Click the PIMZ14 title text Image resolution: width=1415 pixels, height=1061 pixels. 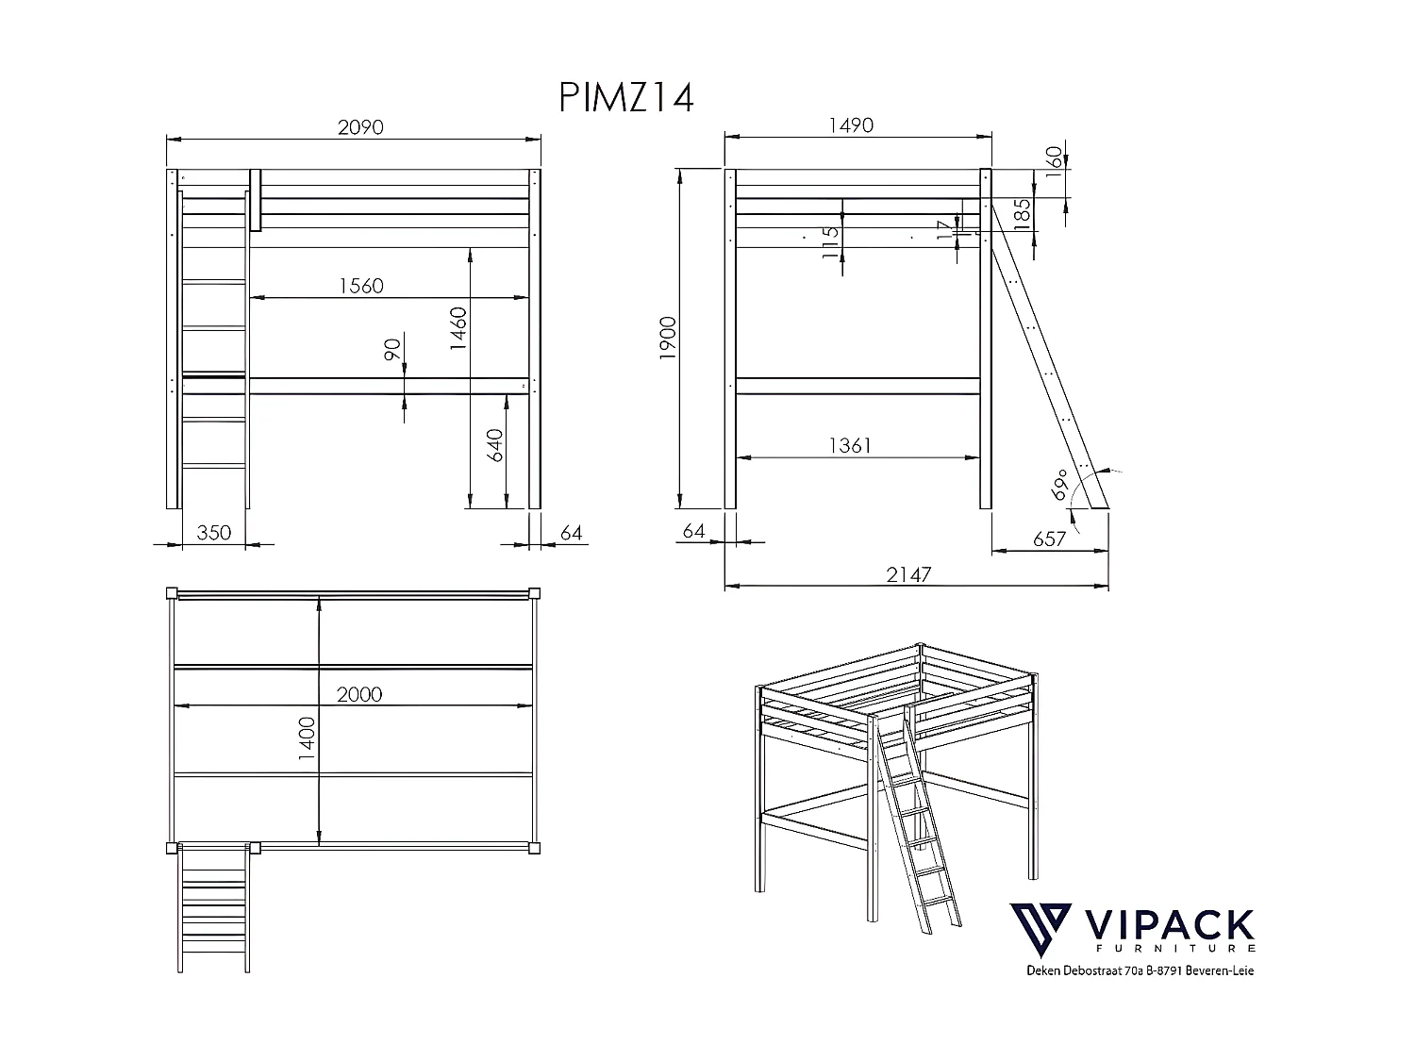click(x=626, y=97)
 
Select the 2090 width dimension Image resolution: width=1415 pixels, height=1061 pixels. click(x=360, y=126)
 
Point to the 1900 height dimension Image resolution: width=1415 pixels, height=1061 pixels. click(x=668, y=339)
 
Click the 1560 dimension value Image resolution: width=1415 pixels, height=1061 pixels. click(x=360, y=285)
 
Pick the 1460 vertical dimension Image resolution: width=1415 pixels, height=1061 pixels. click(x=458, y=329)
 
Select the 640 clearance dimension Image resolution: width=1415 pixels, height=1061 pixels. click(x=496, y=446)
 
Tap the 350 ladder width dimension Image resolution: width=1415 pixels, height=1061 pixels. click(x=213, y=533)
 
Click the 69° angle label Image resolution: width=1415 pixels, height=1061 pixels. click(x=1060, y=484)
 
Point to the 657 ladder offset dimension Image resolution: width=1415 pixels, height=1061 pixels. click(x=1049, y=539)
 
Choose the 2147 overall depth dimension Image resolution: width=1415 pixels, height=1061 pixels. click(x=908, y=574)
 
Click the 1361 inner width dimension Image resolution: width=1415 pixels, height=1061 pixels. click(x=850, y=445)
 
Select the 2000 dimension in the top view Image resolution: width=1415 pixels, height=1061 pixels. click(x=359, y=694)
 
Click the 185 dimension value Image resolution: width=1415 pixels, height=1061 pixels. click(x=1023, y=214)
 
